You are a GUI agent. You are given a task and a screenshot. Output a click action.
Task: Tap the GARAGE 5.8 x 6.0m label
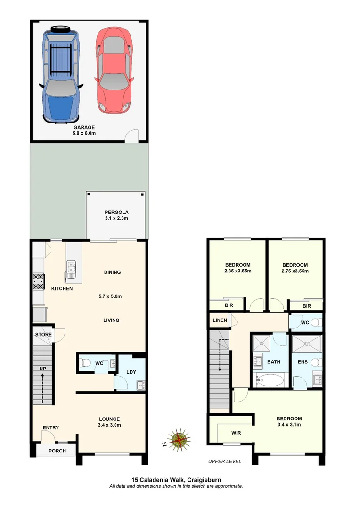[x=84, y=131]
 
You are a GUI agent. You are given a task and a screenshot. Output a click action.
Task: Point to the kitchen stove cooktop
[x=38, y=282]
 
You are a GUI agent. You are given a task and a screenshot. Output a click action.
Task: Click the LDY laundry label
[x=131, y=372]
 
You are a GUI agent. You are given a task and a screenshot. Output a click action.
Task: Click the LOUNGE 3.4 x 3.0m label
[x=109, y=422]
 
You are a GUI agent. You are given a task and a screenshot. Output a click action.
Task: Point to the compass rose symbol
[x=179, y=440]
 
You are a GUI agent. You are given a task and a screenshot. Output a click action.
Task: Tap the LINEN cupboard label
[x=220, y=320]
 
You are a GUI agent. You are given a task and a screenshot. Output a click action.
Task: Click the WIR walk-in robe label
[x=237, y=432]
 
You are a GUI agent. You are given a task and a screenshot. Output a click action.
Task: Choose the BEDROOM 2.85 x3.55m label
[x=237, y=268]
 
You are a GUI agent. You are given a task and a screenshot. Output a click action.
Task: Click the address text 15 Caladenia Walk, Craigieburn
[x=176, y=480]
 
